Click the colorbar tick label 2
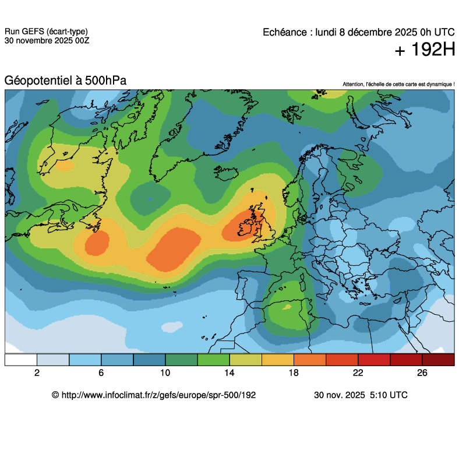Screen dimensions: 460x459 coord(37,373)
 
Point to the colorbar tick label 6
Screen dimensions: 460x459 coord(101,373)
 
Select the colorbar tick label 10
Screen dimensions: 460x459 coord(165,373)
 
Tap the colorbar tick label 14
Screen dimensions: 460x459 coord(230,373)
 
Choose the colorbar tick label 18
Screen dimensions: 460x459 coord(294,373)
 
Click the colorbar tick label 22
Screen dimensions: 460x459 coord(358,373)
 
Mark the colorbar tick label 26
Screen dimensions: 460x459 coord(422,373)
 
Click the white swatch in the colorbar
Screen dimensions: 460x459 coord(21,360)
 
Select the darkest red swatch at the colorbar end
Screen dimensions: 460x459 coord(438,360)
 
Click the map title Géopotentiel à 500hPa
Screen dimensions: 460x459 coord(65,80)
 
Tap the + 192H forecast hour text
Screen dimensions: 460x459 coord(425,51)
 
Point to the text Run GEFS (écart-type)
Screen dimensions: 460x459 coord(47,32)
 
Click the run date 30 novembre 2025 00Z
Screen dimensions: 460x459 coord(47,41)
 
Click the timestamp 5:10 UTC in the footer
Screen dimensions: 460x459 coord(388,395)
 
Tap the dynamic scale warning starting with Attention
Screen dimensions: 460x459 coord(398,85)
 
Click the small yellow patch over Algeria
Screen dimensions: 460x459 coord(286,306)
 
